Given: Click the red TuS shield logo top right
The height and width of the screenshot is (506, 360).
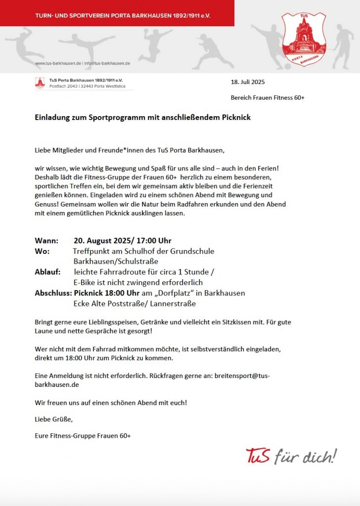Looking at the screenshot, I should [x=304, y=40].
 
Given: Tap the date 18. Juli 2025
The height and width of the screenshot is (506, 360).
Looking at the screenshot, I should [x=248, y=82].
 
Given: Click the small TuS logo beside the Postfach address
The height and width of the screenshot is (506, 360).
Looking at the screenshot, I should [x=40, y=83].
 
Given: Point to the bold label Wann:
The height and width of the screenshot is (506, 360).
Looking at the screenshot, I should [x=46, y=241].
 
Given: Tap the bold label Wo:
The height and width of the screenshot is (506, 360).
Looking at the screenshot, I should [x=42, y=251].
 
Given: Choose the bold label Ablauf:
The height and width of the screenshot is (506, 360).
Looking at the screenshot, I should [x=47, y=272].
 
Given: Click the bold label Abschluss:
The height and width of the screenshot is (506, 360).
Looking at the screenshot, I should [x=53, y=293].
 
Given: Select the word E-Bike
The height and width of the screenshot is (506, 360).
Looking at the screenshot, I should [x=86, y=283].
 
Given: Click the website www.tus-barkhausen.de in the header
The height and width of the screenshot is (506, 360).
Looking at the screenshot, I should [x=58, y=64].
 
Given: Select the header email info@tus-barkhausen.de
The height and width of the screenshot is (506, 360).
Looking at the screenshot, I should [x=107, y=64].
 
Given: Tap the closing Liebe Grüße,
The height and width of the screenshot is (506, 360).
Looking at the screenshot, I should [x=54, y=420].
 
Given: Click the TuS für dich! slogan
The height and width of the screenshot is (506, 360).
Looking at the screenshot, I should [x=291, y=456].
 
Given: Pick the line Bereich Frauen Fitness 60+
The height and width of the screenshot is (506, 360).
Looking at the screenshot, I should [x=268, y=98].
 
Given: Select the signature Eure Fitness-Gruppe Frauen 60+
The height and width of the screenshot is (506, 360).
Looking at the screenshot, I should [x=83, y=436].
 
